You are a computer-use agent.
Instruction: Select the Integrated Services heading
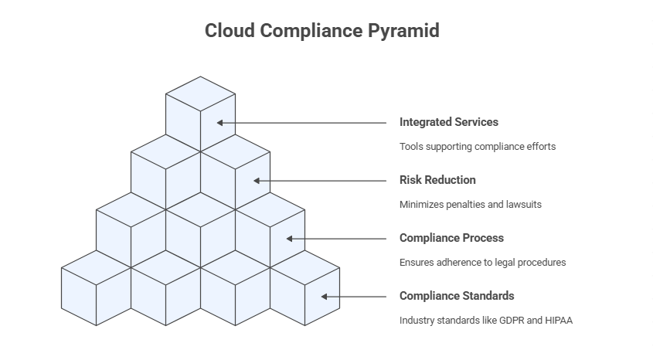(x=448, y=122)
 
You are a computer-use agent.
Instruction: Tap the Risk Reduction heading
(x=437, y=180)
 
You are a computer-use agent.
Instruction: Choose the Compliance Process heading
(x=451, y=238)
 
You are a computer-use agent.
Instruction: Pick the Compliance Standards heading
(x=456, y=296)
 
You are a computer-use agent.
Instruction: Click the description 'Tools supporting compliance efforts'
(x=477, y=146)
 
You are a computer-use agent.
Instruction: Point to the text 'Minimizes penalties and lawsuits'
(x=470, y=205)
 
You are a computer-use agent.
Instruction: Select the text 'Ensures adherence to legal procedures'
(x=482, y=263)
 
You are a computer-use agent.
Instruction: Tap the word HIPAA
(x=558, y=321)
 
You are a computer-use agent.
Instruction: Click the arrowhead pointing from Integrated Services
(x=220, y=122)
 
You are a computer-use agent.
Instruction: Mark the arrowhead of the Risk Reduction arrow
(x=257, y=181)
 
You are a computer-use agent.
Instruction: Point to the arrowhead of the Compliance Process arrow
(x=291, y=239)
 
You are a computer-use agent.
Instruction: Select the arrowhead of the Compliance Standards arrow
(x=325, y=297)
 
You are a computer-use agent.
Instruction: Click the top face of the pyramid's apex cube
(x=201, y=93)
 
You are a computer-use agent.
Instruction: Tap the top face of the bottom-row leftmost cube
(x=96, y=267)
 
